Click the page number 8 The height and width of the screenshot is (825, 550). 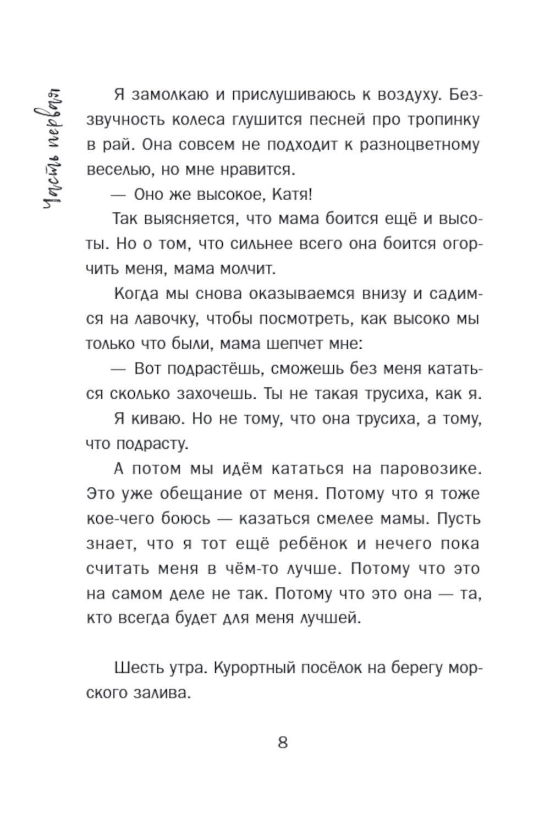click(x=283, y=743)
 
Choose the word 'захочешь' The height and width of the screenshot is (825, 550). click(x=212, y=394)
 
